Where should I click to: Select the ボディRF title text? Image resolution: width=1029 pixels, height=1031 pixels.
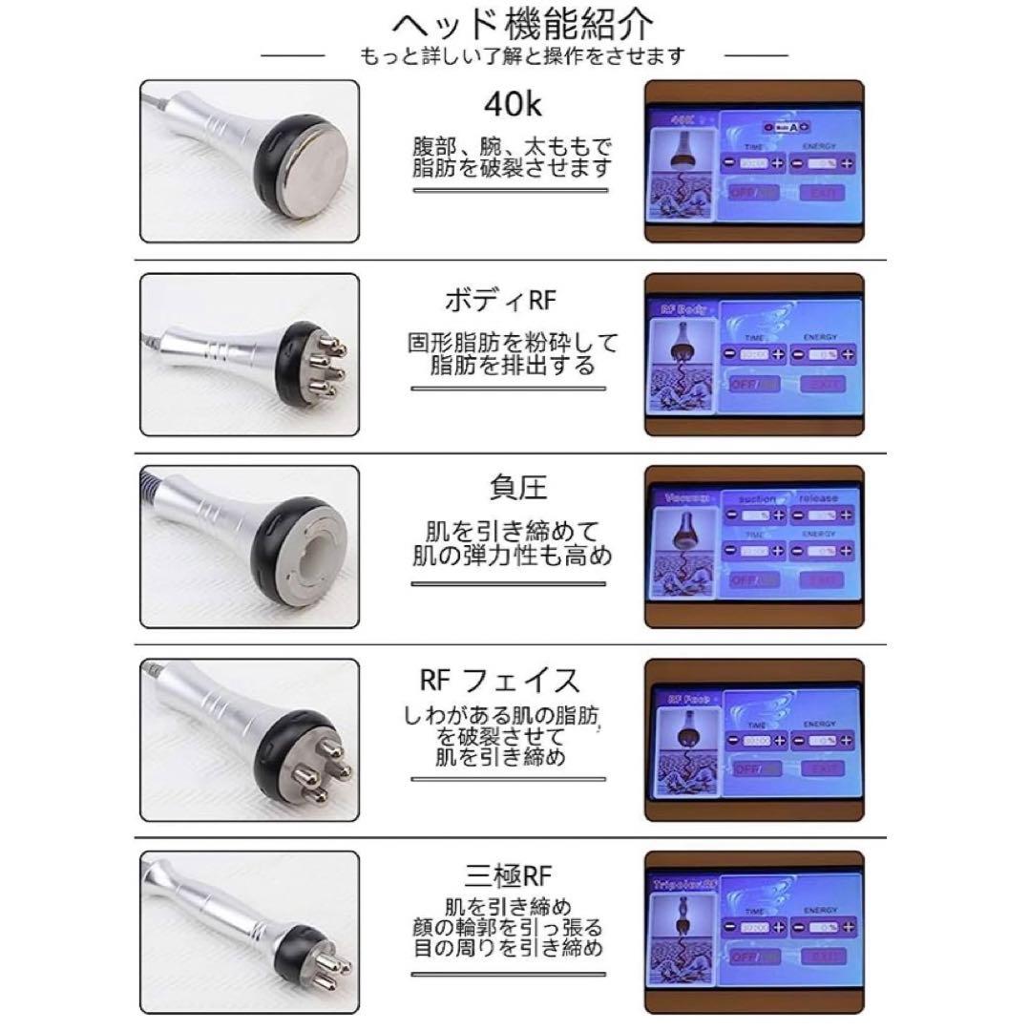point(500,300)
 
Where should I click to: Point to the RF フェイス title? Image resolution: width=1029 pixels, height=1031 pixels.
point(499,681)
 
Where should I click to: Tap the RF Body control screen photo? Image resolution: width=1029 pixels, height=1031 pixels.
point(754,355)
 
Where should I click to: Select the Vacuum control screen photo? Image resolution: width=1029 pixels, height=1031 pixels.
point(754,545)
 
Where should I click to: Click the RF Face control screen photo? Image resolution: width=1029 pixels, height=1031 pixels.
point(754,737)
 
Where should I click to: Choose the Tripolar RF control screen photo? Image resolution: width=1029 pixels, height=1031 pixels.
point(754,930)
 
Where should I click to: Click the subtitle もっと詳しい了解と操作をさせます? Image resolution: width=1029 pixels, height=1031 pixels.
point(522,55)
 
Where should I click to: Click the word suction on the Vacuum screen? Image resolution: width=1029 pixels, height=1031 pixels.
point(756,497)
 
